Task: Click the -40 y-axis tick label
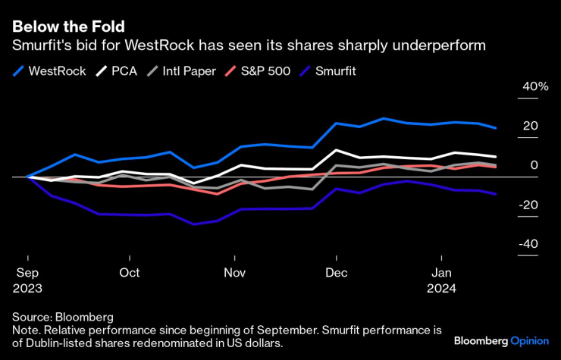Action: click(529, 244)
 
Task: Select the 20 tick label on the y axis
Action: click(531, 126)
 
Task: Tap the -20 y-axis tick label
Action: click(529, 205)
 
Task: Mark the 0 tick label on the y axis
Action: click(534, 165)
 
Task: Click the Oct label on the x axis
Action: click(130, 272)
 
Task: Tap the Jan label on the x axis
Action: click(442, 272)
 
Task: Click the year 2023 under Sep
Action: click(27, 289)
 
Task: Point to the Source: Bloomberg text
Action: click(62, 318)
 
